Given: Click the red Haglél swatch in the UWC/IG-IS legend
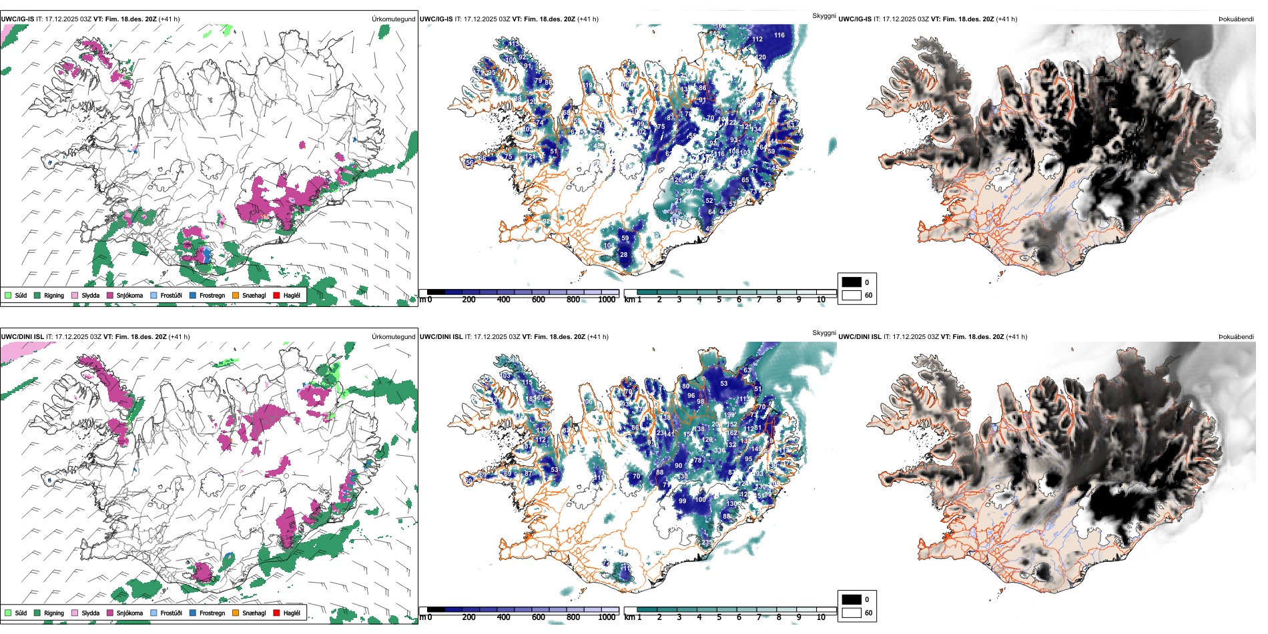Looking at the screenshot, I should tap(276, 295).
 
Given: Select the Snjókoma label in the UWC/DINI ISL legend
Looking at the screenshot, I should tap(129, 613).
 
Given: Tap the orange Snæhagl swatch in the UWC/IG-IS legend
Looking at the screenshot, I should tap(236, 295).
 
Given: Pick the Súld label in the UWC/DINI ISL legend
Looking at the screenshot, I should tap(21, 613).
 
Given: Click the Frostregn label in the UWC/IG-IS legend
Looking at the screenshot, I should tap(212, 295).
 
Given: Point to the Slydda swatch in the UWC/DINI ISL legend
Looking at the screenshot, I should tap(75, 613).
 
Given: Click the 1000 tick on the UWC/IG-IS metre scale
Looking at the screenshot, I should tap(607, 300).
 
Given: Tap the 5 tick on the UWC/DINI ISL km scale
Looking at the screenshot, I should tap(719, 617).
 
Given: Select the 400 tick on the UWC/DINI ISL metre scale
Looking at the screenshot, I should tap(503, 617).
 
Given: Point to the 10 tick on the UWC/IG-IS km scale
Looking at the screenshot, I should tap(821, 300).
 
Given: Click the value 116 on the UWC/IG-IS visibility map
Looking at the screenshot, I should tap(779, 35).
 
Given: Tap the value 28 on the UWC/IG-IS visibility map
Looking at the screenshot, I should tap(624, 255).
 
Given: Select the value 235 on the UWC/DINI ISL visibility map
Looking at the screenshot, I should tap(707, 543).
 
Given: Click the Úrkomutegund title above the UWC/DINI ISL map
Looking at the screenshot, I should tap(393, 337).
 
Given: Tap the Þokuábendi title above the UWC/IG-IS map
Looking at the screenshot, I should tap(1236, 19).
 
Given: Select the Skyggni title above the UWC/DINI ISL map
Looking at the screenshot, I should tap(824, 333).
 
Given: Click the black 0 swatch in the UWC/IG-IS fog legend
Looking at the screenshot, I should tap(852, 282).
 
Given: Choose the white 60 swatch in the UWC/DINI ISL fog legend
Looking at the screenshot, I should tap(852, 613).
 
